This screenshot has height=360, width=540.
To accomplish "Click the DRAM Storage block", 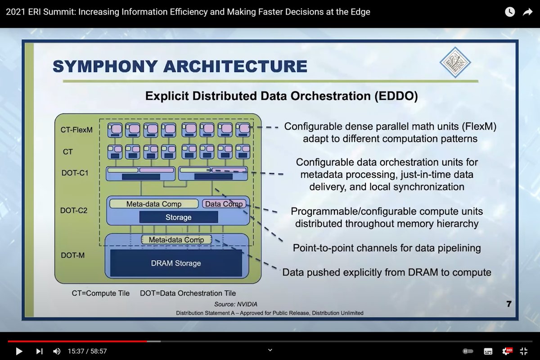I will click(x=176, y=263).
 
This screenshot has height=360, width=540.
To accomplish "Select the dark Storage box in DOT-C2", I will click(x=179, y=217).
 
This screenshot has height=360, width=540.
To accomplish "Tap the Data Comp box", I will click(x=224, y=204).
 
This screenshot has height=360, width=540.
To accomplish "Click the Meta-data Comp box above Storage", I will click(x=154, y=204).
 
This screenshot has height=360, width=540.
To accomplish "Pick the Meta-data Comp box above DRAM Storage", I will click(x=176, y=240).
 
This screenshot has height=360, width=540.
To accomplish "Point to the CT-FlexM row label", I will click(x=76, y=130).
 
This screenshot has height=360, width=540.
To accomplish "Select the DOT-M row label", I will click(x=72, y=255).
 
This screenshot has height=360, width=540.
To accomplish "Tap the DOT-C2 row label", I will click(x=74, y=210).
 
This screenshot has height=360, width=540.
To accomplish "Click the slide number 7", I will click(x=508, y=304).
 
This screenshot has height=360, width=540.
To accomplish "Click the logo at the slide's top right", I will click(x=455, y=62).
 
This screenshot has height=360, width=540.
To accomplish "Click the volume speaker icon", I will click(x=57, y=351).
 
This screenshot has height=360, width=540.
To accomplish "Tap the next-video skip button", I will click(x=39, y=351).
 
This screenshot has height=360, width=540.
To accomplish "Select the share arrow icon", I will click(x=527, y=12).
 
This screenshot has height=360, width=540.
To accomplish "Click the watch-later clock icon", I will click(x=509, y=12).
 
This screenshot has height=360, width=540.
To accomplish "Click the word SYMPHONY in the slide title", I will click(x=105, y=66).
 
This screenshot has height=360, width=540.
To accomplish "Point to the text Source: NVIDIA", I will click(x=236, y=304).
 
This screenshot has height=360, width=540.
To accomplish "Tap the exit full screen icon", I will click(x=523, y=351).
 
